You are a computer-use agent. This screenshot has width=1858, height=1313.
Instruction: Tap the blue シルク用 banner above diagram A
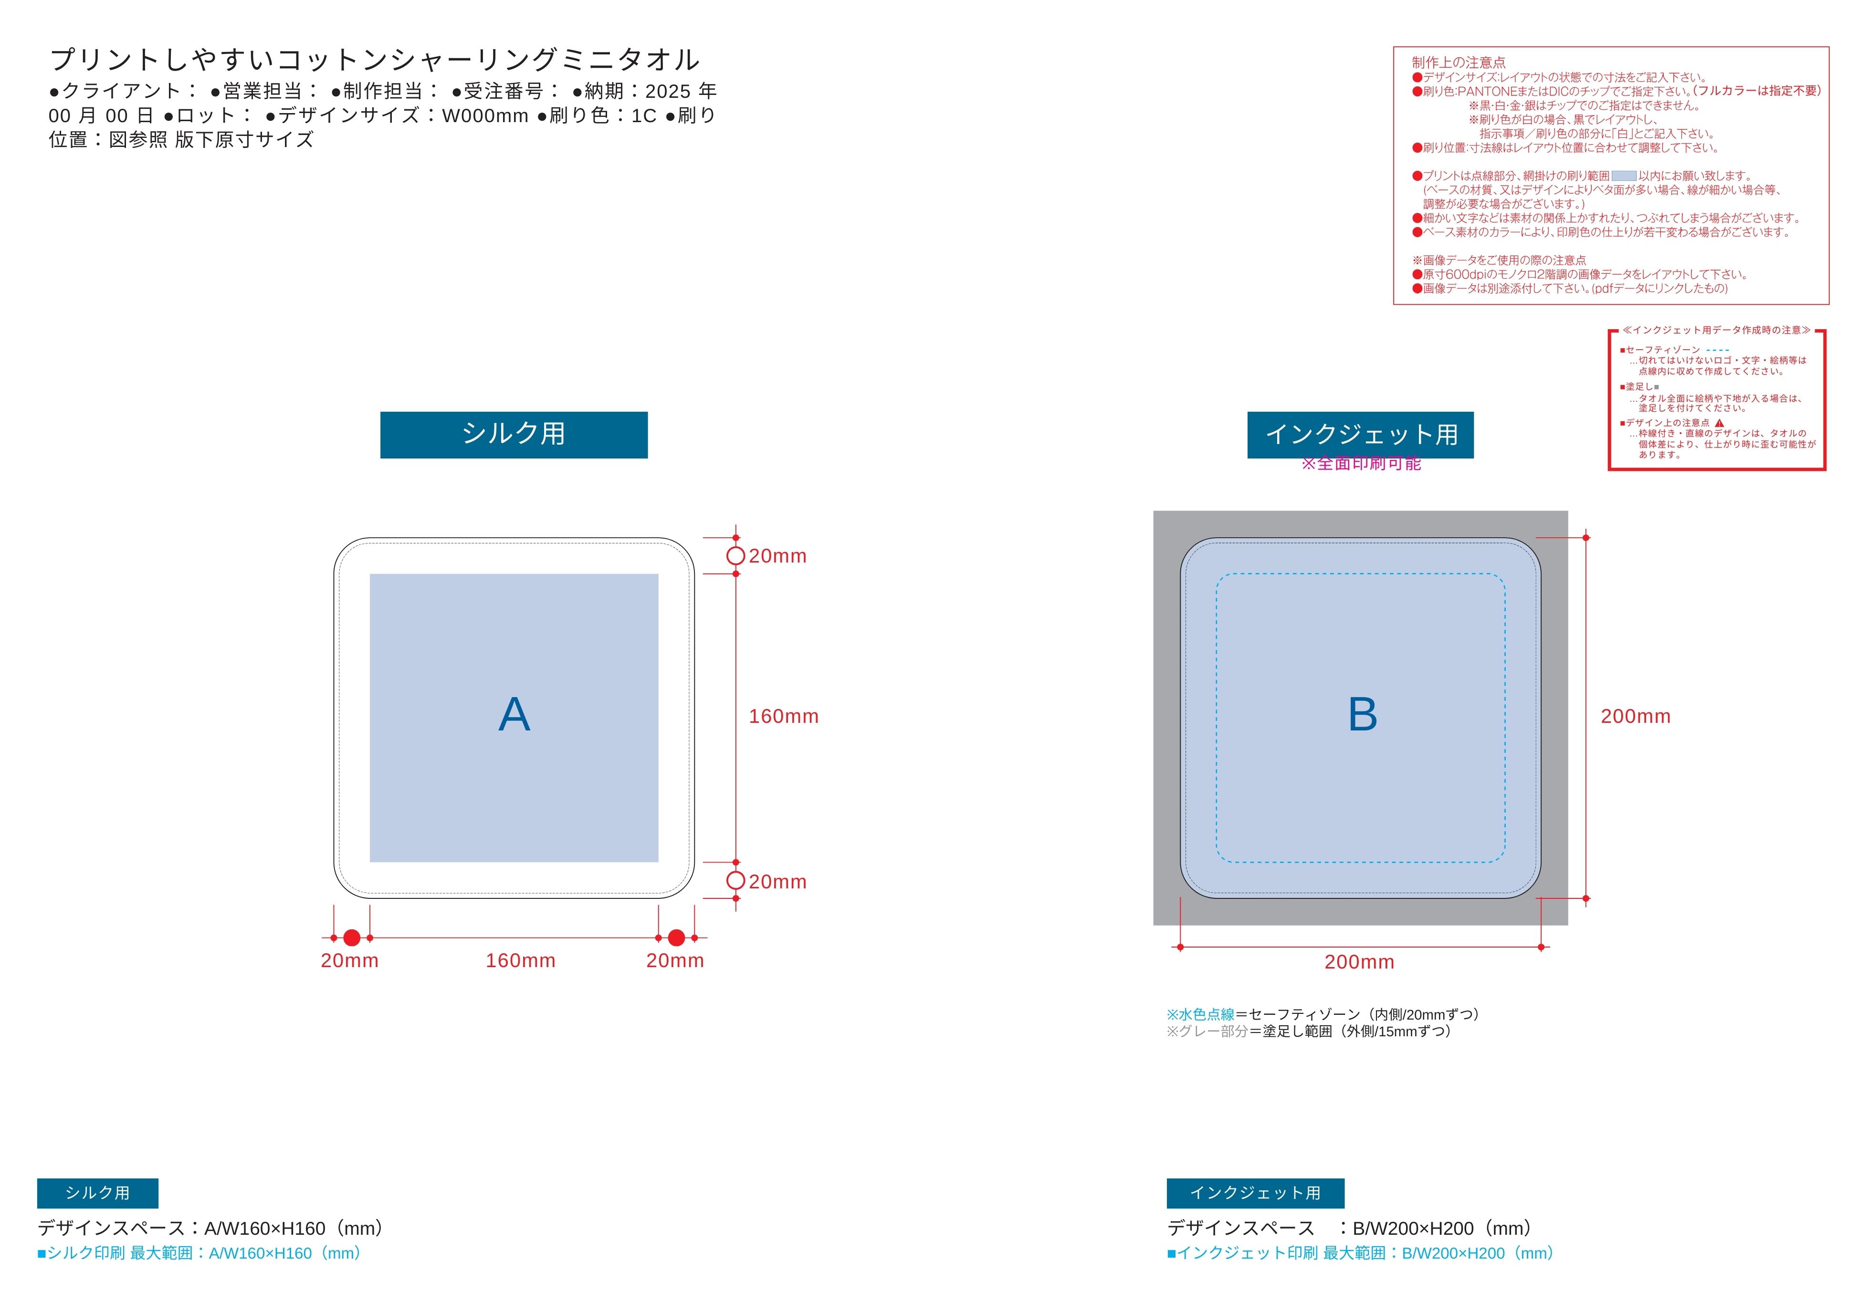514,435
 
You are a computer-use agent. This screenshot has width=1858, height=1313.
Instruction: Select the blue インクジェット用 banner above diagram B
1360,435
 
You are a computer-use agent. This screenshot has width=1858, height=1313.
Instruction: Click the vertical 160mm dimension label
783,716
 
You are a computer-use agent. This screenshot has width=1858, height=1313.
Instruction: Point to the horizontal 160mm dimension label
520,960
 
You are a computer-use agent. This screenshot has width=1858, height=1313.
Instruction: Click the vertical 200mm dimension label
1636,716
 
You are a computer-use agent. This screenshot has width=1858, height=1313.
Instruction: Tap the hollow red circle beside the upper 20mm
735,556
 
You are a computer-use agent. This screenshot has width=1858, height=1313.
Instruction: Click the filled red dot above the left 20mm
352,938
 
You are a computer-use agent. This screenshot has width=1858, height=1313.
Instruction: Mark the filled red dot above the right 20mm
676,938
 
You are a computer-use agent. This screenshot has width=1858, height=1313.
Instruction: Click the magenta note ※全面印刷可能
1361,464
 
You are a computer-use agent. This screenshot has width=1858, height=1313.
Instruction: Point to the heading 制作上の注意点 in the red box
1458,63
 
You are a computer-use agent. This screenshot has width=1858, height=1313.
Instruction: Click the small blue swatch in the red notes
1624,176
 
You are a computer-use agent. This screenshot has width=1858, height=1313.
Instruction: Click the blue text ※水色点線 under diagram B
1200,1014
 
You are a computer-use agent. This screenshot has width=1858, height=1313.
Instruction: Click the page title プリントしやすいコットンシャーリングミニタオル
375,59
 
